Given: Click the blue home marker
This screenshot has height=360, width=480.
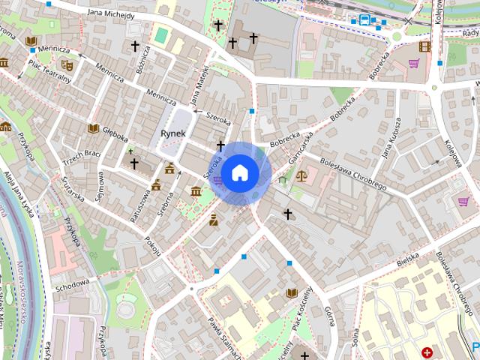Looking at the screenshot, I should (239, 173).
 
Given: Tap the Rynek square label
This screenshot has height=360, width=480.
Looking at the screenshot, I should (173, 133).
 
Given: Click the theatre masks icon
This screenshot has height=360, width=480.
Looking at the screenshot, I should (66, 65).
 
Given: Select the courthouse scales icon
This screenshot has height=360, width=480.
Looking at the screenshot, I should (301, 177).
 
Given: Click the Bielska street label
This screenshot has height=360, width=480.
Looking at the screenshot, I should (406, 259).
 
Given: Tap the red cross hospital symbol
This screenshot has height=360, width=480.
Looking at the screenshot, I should (427, 352).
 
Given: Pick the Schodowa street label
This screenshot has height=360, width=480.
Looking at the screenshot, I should (72, 285).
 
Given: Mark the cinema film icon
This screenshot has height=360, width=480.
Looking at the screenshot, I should (425, 46).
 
